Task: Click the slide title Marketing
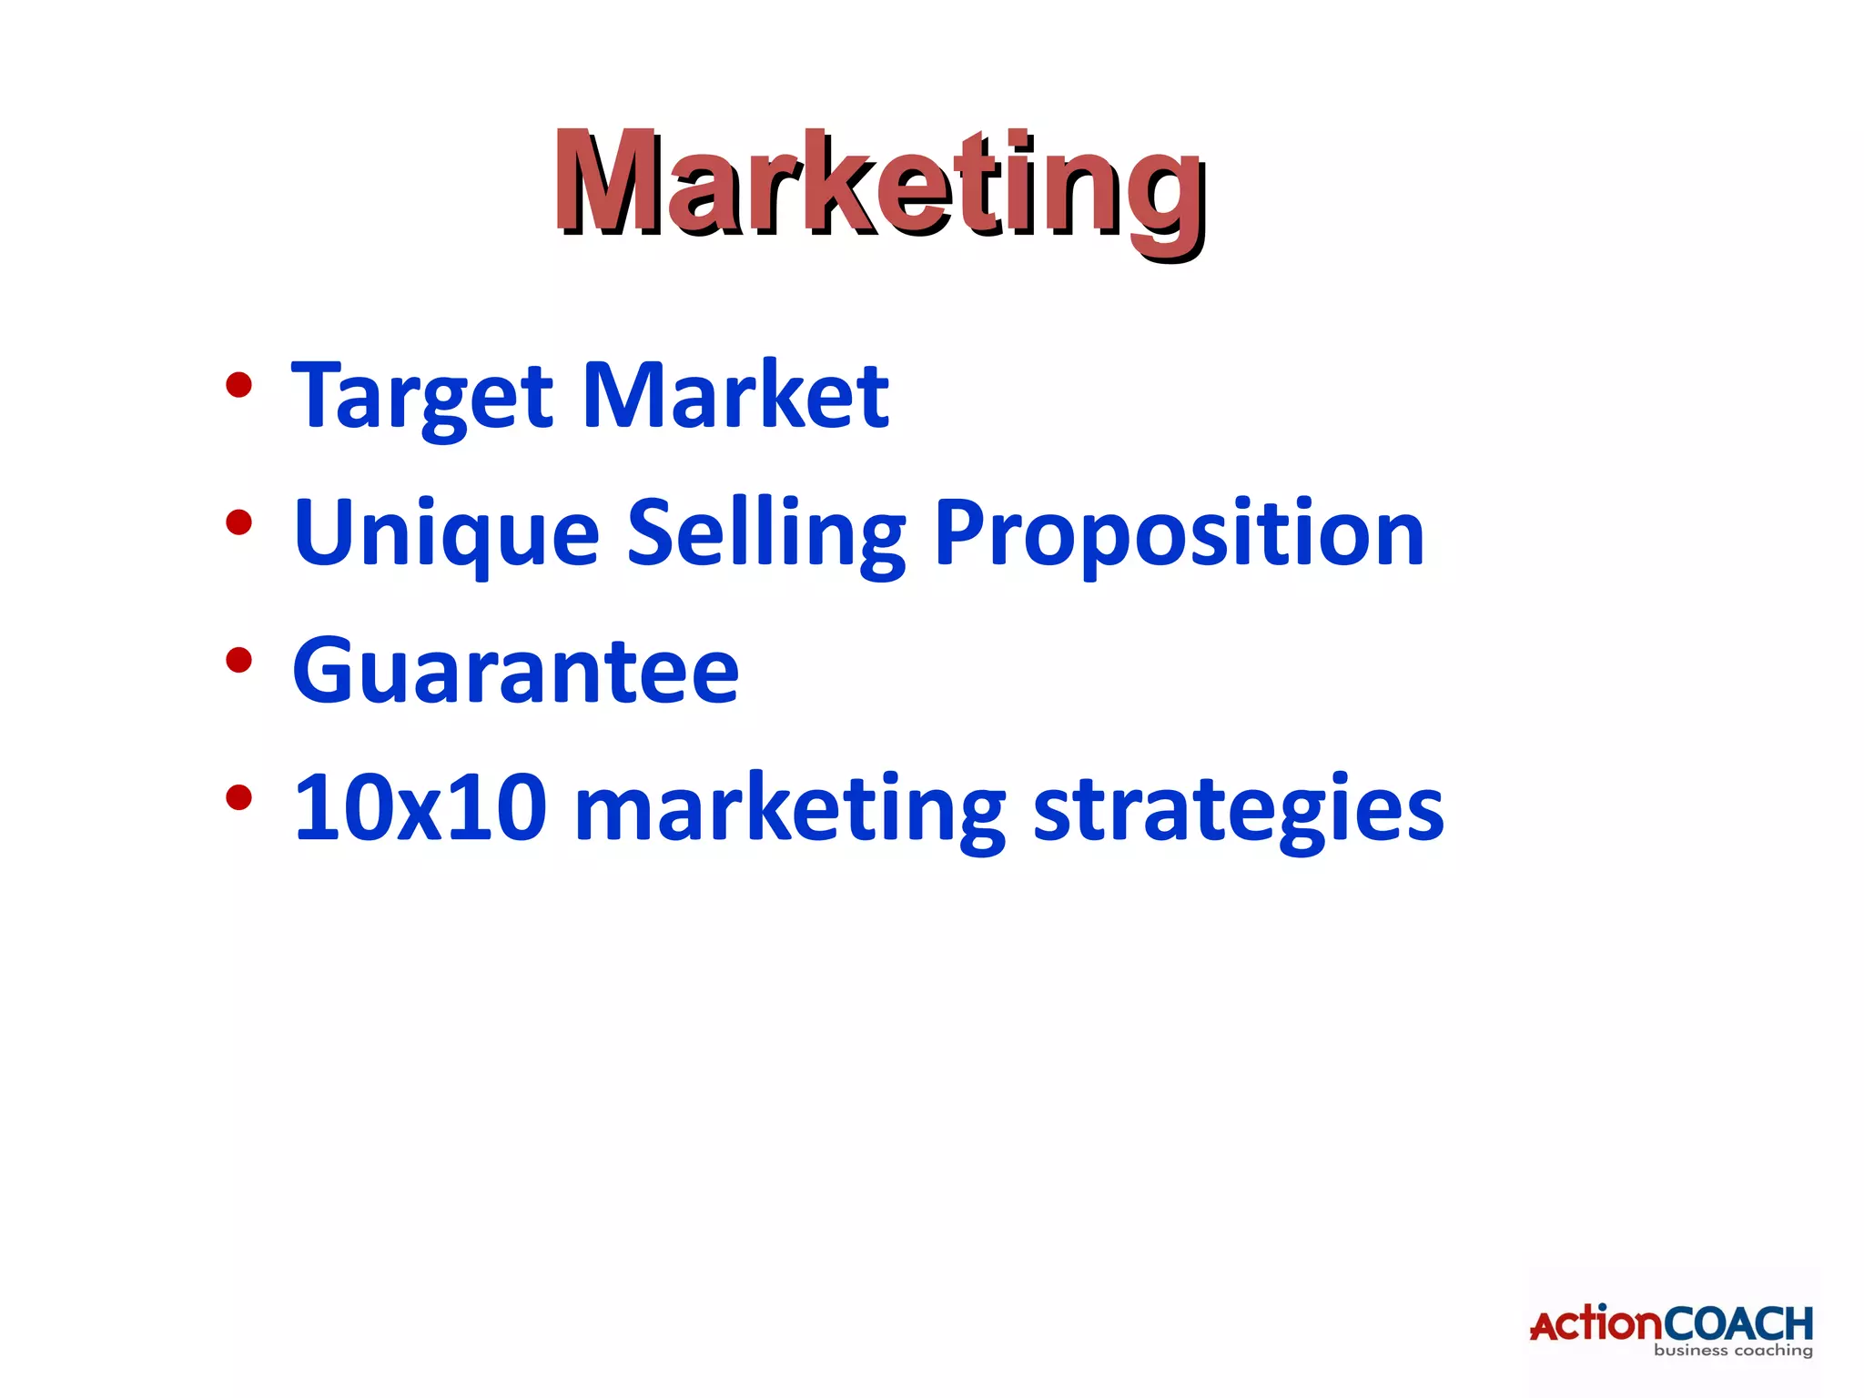(x=879, y=187)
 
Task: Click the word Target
(x=421, y=396)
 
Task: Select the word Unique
(x=446, y=534)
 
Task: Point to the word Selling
(x=766, y=534)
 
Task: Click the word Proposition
(x=1179, y=534)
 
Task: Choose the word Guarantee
(x=515, y=671)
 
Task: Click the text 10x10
(x=420, y=807)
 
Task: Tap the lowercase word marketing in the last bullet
(x=790, y=809)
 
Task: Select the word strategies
(x=1238, y=809)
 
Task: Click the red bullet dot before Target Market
(x=238, y=386)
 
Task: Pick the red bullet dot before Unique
(x=238, y=523)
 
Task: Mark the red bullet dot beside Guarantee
(x=238, y=660)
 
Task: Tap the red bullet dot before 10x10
(x=238, y=797)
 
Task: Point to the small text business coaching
(x=1733, y=1351)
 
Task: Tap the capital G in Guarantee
(x=325, y=671)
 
